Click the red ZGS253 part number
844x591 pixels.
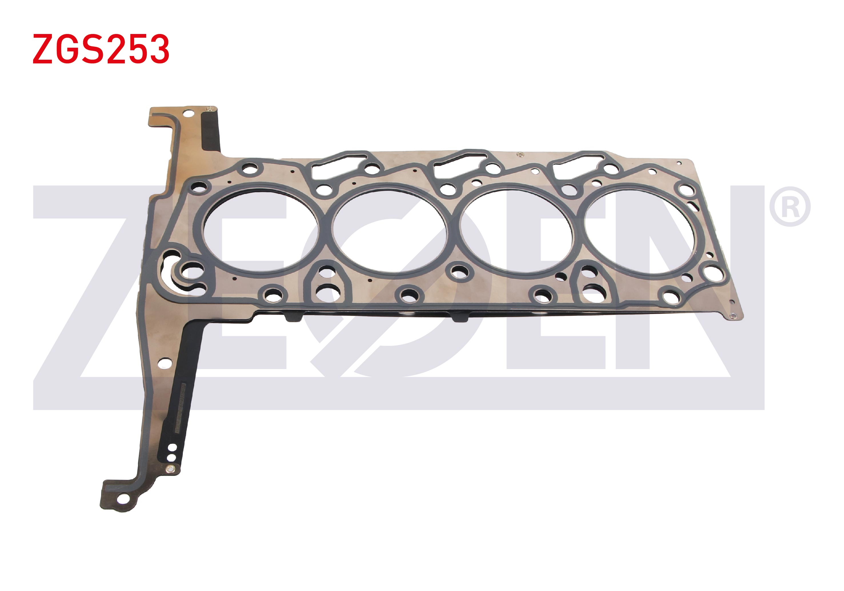point(101,49)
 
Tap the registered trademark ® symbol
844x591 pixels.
point(790,207)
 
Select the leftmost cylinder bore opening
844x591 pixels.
point(261,231)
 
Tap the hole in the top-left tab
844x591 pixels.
point(188,112)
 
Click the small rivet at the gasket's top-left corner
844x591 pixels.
point(210,109)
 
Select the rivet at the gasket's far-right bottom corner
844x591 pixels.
point(733,315)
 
